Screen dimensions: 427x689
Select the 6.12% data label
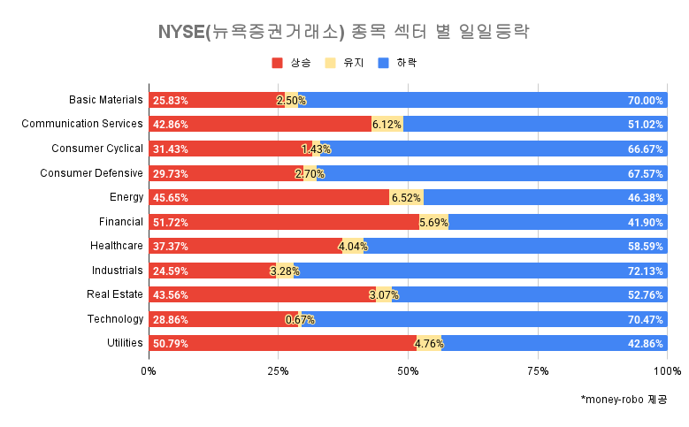tap(387, 125)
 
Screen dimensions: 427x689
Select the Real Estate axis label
tap(115, 294)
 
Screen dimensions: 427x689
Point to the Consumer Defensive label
tap(91, 173)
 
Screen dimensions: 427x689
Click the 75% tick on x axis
tap(538, 370)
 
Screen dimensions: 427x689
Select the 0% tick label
tap(149, 370)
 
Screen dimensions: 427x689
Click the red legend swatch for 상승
tap(277, 63)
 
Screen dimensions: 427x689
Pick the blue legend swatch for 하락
tap(382, 63)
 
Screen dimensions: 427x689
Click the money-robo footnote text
tap(624, 400)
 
